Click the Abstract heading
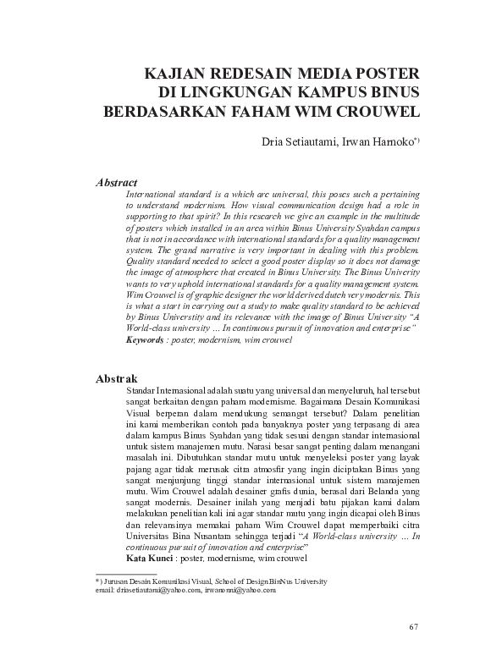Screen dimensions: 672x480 pyautogui.click(x=117, y=182)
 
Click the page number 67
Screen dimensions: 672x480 pyautogui.click(x=414, y=626)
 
